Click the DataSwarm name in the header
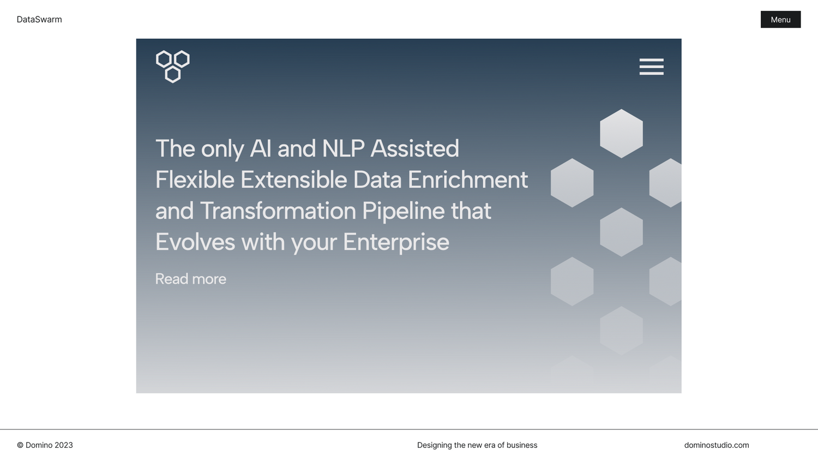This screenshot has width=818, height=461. [39, 19]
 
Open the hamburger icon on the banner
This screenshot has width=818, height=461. [652, 67]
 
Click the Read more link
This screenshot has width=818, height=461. [191, 279]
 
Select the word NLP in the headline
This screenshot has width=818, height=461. [343, 148]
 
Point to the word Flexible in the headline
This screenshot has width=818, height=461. [195, 179]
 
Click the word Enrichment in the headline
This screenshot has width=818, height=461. [468, 179]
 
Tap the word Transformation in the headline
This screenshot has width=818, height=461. [278, 211]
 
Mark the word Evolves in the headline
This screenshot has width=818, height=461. [195, 242]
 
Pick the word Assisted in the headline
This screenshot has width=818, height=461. [414, 148]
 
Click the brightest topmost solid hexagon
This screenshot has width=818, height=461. [621, 133]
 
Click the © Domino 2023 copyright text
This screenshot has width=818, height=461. [45, 445]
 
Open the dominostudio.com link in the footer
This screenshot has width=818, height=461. [717, 445]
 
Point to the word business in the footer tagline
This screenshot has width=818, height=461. [522, 445]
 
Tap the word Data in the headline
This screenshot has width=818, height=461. [377, 179]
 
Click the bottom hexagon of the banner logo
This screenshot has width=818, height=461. [173, 75]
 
